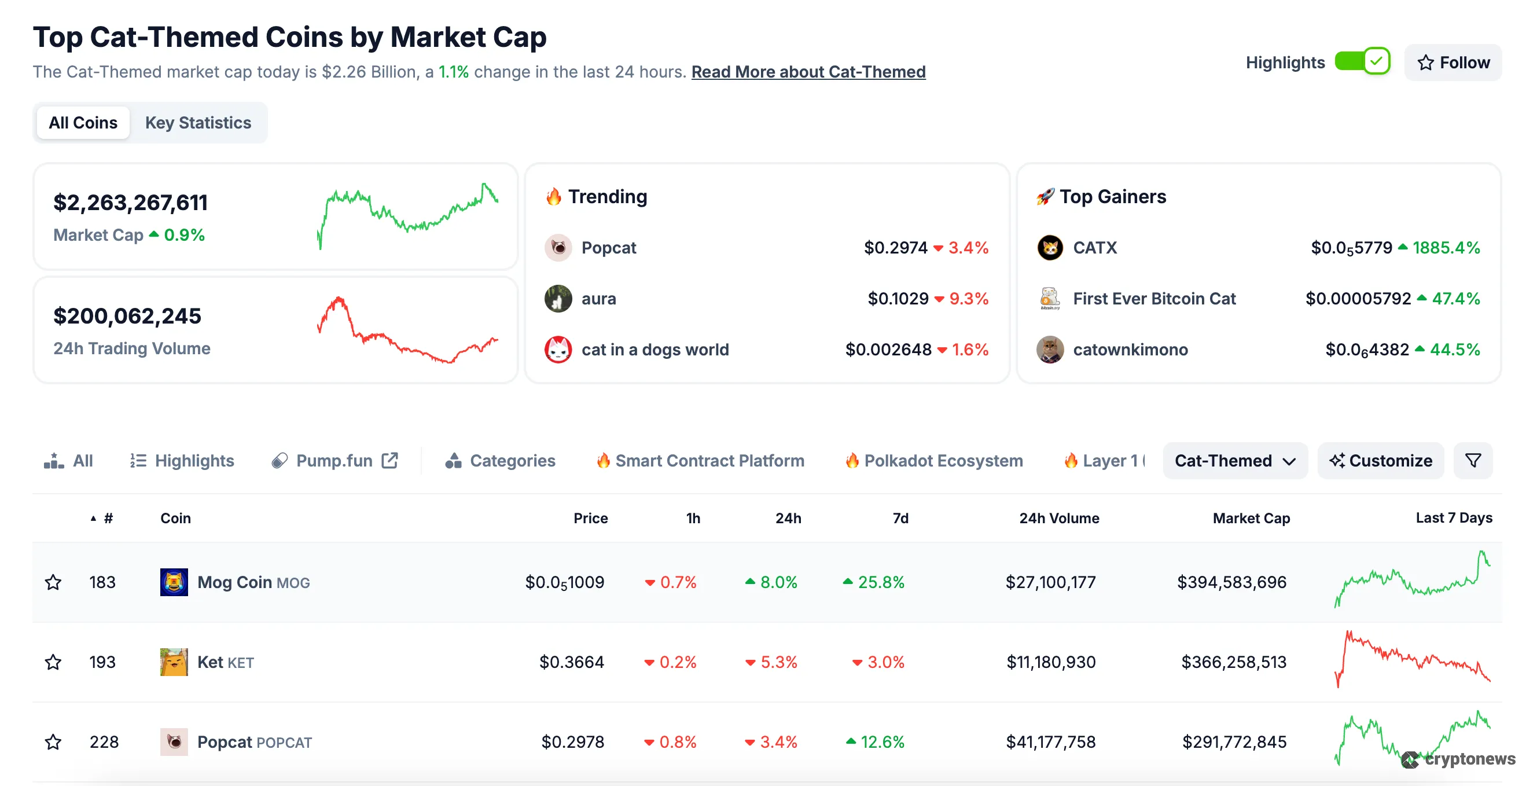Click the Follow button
[1453, 63]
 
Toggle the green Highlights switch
[1362, 61]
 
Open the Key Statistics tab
[198, 123]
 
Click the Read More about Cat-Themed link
[808, 72]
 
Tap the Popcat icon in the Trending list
[558, 248]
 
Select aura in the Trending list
[598, 299]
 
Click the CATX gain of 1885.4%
[1445, 248]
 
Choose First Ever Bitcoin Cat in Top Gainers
[1154, 299]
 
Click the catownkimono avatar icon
[1050, 350]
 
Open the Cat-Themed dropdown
[1234, 461]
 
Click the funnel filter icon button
[1473, 461]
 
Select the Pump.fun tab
[334, 461]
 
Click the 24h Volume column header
[1058, 518]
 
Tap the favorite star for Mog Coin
[53, 582]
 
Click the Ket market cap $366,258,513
[1233, 662]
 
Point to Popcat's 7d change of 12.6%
[881, 742]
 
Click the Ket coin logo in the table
[174, 662]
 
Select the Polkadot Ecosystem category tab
[943, 461]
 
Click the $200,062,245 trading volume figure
[127, 315]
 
